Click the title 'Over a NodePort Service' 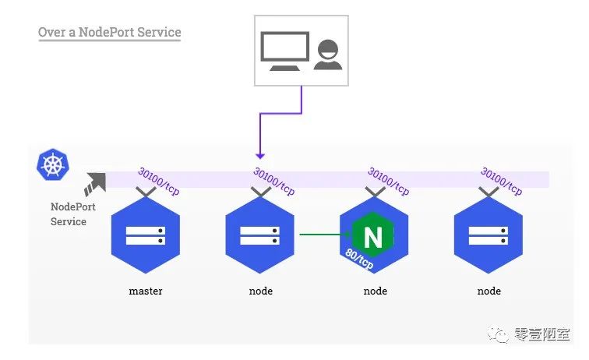(x=109, y=33)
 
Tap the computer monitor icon (x=284, y=50)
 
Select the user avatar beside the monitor (x=327, y=55)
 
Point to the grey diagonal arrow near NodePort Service (x=96, y=184)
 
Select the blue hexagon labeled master (x=146, y=235)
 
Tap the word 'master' (x=146, y=291)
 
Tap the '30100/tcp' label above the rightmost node (x=502, y=182)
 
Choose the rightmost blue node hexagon (x=488, y=235)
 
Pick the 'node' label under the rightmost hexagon (x=488, y=291)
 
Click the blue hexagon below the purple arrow (x=259, y=235)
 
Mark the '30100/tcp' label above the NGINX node (x=388, y=182)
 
